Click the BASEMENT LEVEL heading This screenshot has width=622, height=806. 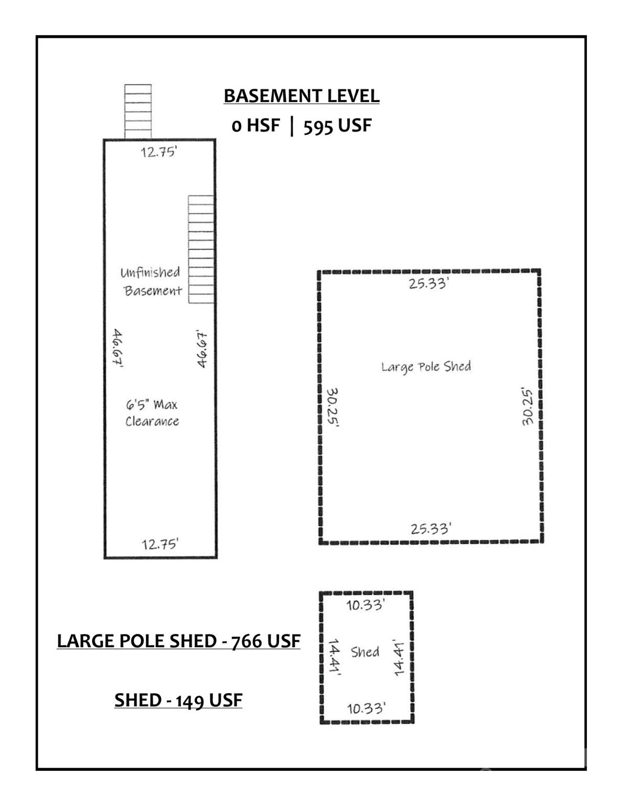301,96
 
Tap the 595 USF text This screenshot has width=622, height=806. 337,126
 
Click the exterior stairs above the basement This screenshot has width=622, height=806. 138,111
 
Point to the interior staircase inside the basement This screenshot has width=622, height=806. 201,249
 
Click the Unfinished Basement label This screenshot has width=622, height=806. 152,281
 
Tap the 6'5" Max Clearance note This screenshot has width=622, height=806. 152,413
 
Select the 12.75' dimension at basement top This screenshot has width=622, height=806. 159,153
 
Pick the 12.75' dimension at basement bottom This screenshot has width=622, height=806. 160,544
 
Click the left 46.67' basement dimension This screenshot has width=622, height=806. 117,349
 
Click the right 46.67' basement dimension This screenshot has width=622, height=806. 202,349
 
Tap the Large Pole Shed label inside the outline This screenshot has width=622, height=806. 426,366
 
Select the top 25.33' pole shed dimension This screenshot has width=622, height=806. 428,284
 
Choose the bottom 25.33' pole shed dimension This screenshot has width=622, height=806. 430,528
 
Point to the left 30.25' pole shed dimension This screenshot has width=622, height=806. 332,408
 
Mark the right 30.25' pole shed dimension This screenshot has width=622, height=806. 528,407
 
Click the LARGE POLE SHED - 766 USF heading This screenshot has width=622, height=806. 178,641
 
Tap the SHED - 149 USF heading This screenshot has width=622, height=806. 178,701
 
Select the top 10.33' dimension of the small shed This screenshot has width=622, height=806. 366,605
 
